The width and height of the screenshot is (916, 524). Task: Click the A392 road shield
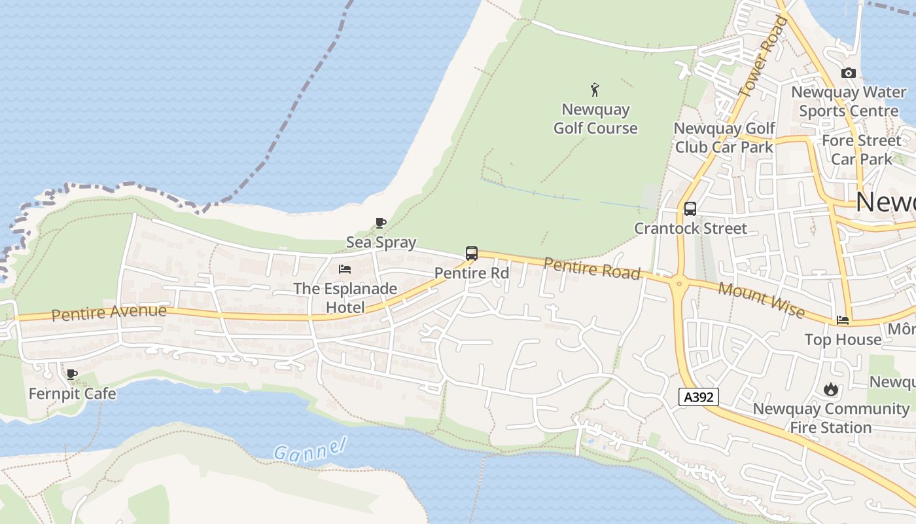click(698, 396)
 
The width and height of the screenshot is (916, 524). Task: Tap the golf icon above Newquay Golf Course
click(595, 90)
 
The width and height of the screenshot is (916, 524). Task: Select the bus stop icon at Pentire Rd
click(471, 253)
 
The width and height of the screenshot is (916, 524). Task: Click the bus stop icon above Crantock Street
click(690, 209)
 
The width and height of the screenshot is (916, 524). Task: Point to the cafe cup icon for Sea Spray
click(380, 223)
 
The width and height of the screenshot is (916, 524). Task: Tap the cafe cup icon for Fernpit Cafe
click(72, 375)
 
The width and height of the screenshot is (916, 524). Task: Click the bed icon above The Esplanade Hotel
click(344, 269)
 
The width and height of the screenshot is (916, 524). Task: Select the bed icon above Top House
click(843, 320)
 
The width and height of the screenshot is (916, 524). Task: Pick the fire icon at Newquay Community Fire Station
click(830, 389)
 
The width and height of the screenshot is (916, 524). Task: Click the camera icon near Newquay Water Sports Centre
click(849, 73)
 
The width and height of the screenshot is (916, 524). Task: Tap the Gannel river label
click(309, 449)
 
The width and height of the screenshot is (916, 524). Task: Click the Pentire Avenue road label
click(109, 312)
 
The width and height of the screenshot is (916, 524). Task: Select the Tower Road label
click(763, 57)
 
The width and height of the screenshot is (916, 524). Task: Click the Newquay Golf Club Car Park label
click(724, 138)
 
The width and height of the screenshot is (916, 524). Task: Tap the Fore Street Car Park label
click(861, 149)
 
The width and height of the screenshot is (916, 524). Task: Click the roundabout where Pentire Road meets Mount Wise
click(678, 284)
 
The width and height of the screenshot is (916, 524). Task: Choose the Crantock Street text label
click(690, 229)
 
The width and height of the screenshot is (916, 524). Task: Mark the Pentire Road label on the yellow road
click(591, 269)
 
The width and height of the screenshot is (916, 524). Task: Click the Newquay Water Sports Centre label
click(849, 102)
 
